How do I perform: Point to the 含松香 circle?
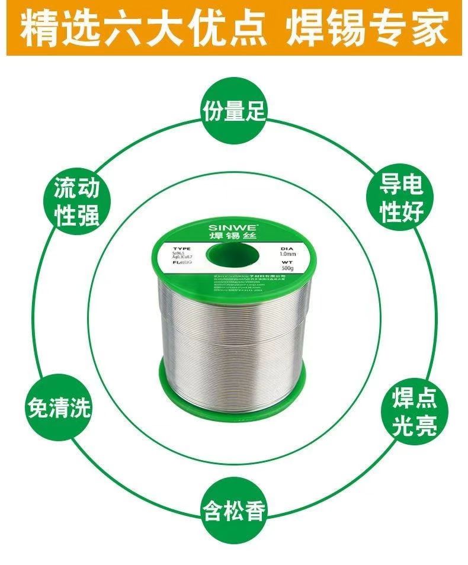tap(233, 508)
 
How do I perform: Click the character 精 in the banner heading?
tap(39, 30)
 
